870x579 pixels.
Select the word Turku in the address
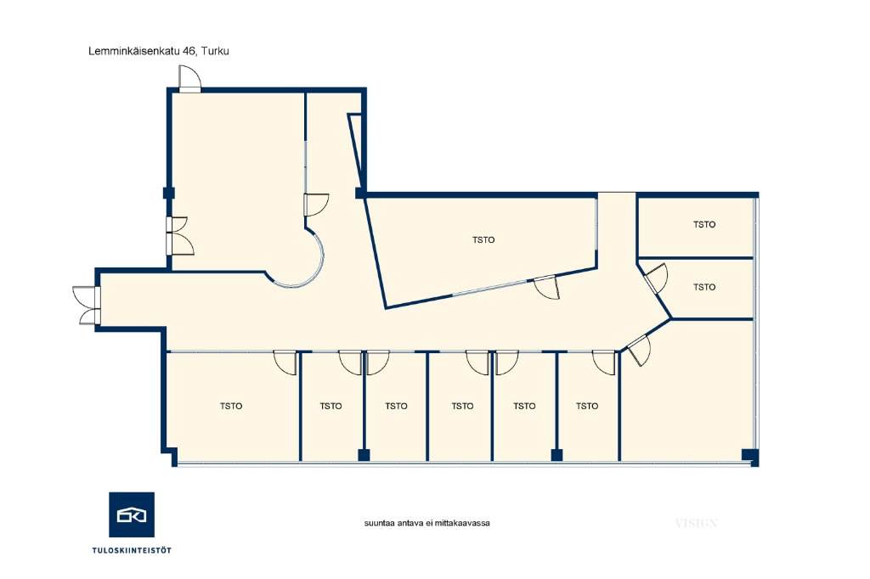(x=215, y=51)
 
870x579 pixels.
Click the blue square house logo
(x=132, y=514)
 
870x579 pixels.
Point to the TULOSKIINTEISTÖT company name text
(x=132, y=550)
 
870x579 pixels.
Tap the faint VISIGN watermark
(x=697, y=523)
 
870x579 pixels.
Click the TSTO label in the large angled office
(x=483, y=240)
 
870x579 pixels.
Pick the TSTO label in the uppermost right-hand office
(x=704, y=225)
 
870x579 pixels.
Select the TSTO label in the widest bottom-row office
(x=231, y=406)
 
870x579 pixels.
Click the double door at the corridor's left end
(x=88, y=305)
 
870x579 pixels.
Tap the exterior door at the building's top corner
(x=189, y=79)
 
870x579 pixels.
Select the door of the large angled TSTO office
(x=546, y=287)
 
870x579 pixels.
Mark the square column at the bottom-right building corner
(x=750, y=457)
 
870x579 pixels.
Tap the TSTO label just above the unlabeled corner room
(x=704, y=287)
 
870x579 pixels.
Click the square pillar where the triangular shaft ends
(x=360, y=193)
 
